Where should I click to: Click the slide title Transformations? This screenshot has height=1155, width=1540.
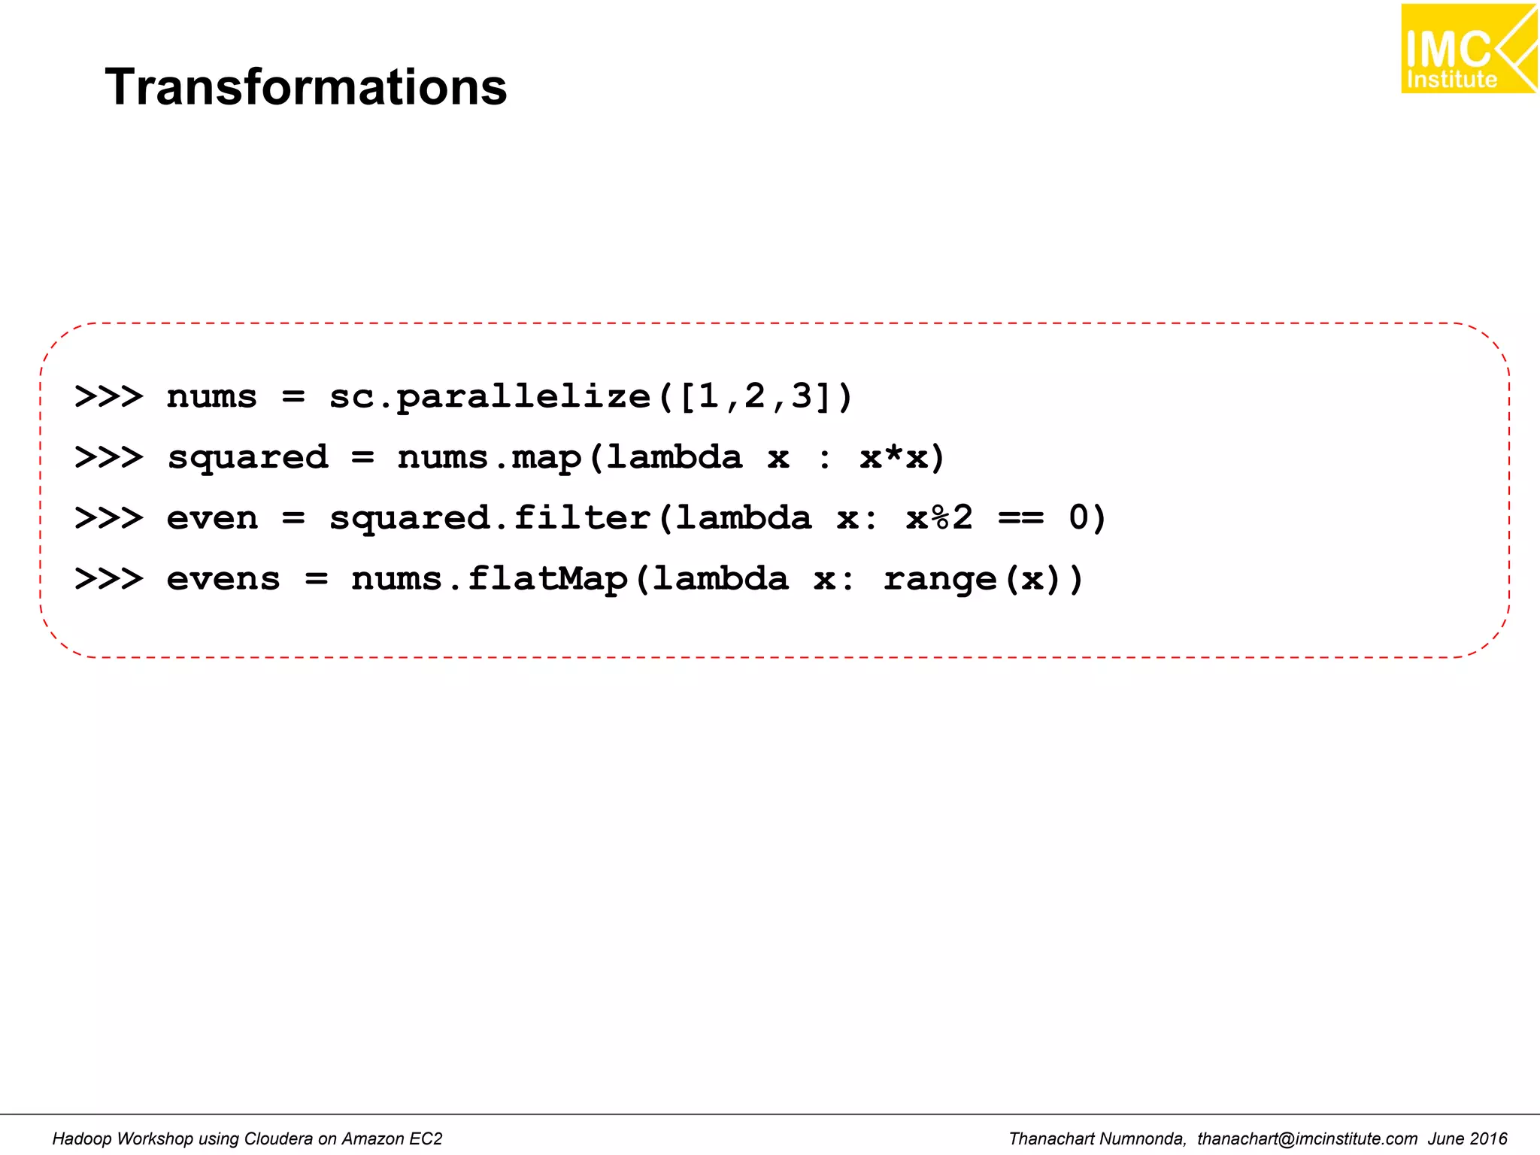[305, 87]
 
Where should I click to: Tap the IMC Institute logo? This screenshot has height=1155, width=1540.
[1468, 49]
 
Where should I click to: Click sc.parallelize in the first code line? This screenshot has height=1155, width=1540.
[489, 397]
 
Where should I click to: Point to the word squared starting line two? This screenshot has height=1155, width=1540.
[247, 458]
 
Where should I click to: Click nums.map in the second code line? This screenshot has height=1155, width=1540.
[489, 458]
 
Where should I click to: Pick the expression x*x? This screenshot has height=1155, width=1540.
[894, 458]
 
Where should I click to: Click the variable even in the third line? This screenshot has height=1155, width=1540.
[212, 519]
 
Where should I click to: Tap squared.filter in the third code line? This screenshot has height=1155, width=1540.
[489, 519]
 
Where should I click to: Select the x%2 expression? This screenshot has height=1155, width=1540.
[939, 519]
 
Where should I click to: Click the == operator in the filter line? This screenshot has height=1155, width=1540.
[1020, 519]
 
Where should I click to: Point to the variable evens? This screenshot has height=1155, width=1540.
[223, 580]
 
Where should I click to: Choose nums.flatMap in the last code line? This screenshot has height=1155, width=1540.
[489, 580]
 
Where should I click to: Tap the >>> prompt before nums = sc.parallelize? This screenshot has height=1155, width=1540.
[109, 397]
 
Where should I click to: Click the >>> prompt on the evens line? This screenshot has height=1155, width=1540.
[109, 580]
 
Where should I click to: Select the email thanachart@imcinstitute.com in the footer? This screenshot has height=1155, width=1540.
[1307, 1139]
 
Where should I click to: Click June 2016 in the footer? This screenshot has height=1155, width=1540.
[1468, 1139]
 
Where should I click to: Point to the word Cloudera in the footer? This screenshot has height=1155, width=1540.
[270, 1139]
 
